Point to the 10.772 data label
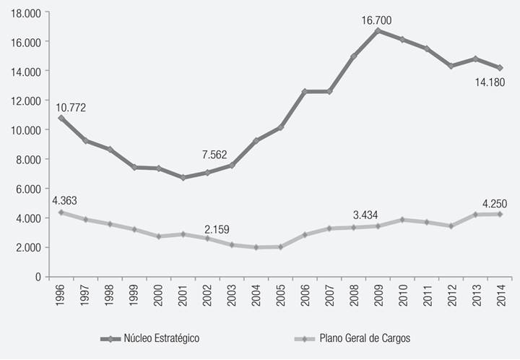click(71, 108)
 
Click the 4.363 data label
click(66, 200)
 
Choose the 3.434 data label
click(366, 215)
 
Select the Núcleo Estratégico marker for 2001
click(183, 177)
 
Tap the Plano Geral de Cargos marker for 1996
click(61, 213)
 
